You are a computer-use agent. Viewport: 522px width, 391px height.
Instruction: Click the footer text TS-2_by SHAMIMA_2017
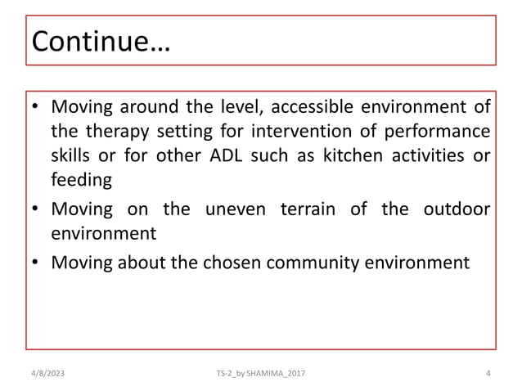click(260, 374)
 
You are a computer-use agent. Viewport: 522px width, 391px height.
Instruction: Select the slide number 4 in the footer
click(488, 374)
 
